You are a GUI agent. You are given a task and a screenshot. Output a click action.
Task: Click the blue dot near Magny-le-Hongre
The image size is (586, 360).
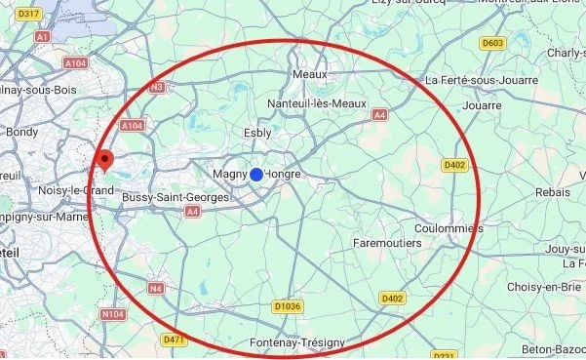point(255,174)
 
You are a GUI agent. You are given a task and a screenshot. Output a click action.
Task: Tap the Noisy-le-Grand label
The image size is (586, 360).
point(76,190)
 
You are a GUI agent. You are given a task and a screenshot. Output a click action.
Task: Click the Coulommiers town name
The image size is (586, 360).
point(449,228)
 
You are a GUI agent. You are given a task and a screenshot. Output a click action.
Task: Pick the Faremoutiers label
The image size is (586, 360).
point(386,241)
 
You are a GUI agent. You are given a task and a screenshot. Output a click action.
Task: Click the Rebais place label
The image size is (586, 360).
point(552,193)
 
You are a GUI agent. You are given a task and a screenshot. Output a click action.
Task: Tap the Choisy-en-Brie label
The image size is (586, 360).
point(545,288)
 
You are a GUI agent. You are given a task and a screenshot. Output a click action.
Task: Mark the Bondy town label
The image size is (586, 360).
point(21,131)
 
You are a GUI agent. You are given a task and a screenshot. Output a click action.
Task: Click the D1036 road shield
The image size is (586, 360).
point(288,306)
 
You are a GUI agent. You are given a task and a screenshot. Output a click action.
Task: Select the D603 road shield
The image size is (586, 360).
point(493,43)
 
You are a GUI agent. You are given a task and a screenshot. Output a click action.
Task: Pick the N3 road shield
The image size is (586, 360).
point(156,88)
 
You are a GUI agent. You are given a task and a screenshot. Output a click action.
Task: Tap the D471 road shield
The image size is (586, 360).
point(175,340)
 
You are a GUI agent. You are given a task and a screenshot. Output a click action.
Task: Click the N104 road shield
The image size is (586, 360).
point(113,316)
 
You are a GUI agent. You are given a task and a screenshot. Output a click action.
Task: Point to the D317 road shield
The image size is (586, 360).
point(29,14)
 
